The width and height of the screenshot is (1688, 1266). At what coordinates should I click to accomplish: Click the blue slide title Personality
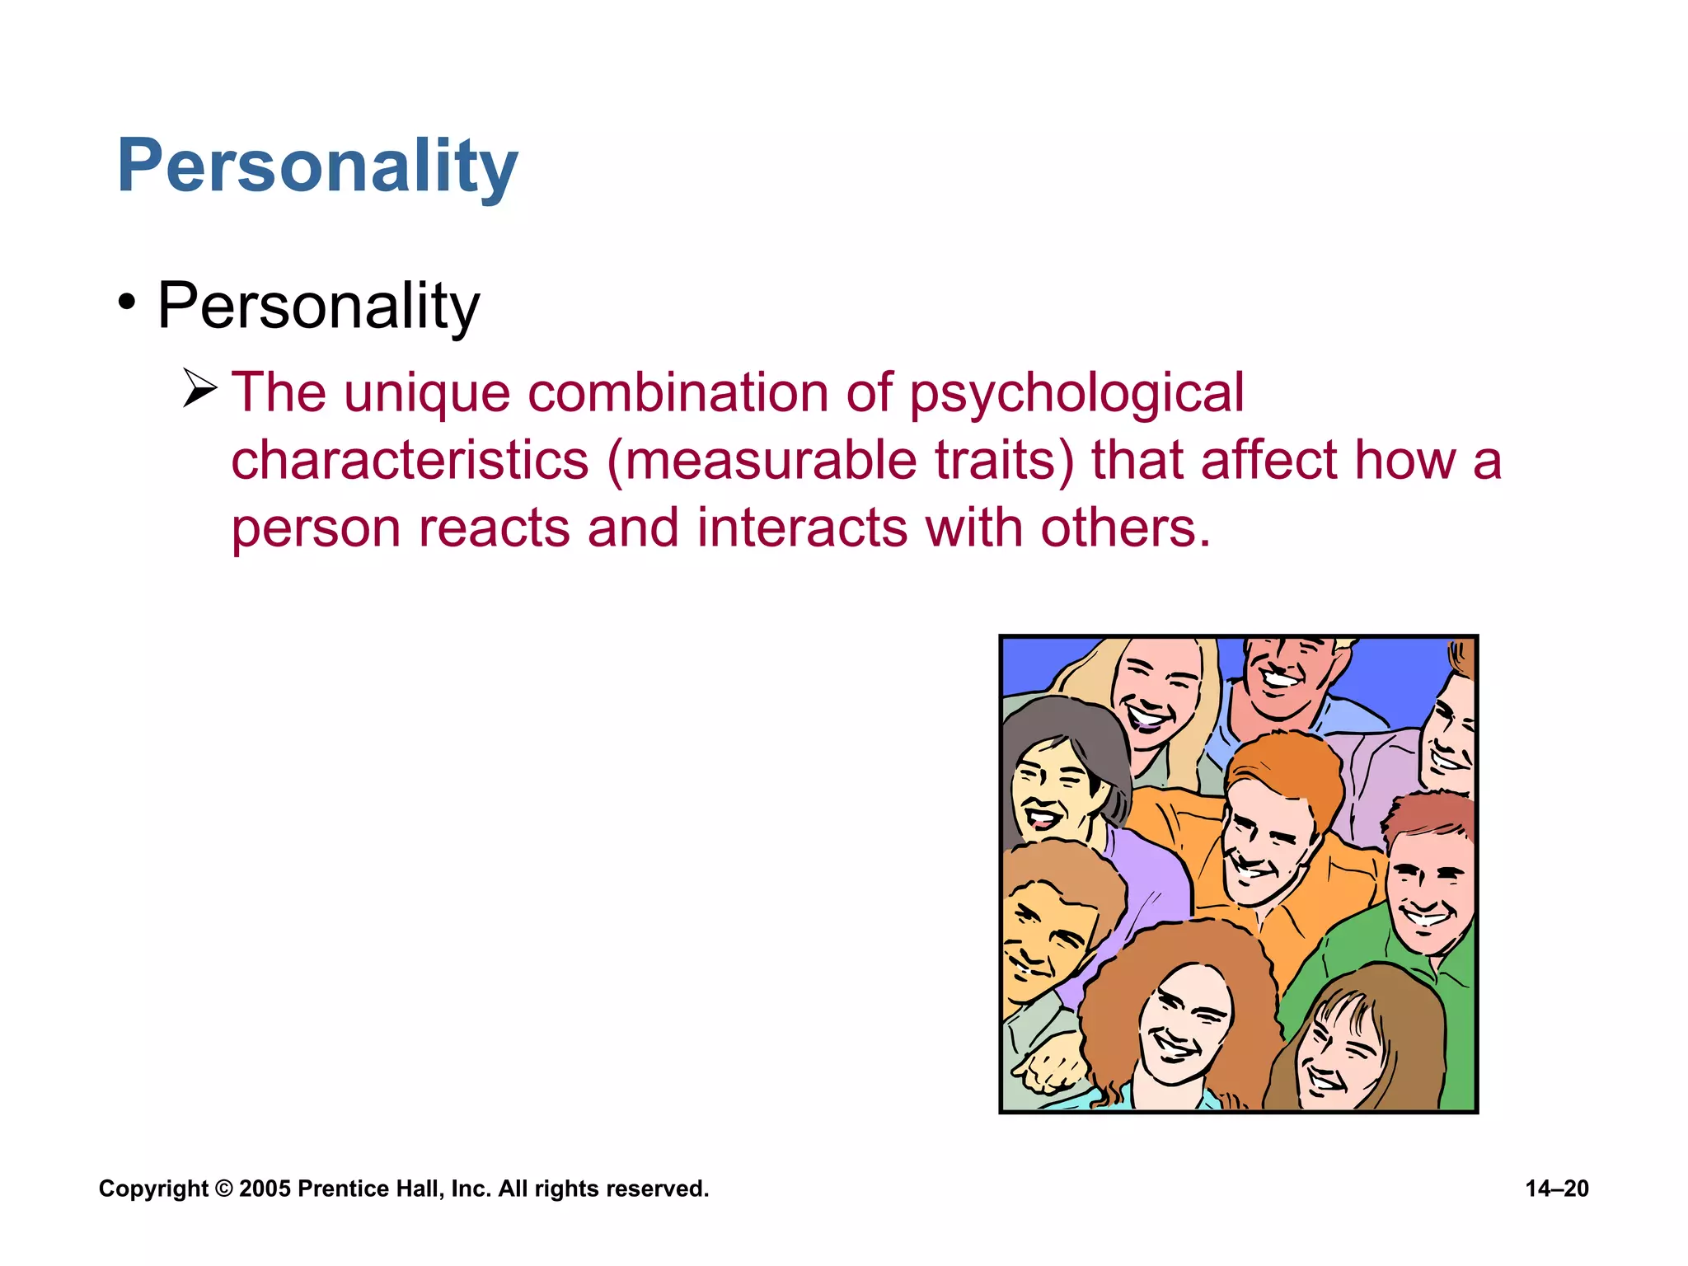pyautogui.click(x=317, y=166)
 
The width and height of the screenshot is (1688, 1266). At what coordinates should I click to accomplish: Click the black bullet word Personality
pyautogui.click(x=318, y=307)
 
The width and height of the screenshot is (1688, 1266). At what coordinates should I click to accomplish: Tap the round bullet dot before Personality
pyautogui.click(x=126, y=302)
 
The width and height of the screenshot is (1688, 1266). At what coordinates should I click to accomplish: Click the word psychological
pyautogui.click(x=1076, y=393)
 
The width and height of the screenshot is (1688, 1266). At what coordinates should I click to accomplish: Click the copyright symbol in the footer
pyautogui.click(x=223, y=1189)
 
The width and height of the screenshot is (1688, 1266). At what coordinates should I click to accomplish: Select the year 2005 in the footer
pyautogui.click(x=265, y=1189)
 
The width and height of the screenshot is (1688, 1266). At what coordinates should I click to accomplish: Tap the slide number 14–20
pyautogui.click(x=1556, y=1189)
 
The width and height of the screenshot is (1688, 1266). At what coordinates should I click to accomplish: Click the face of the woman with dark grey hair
pyautogui.click(x=1051, y=791)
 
